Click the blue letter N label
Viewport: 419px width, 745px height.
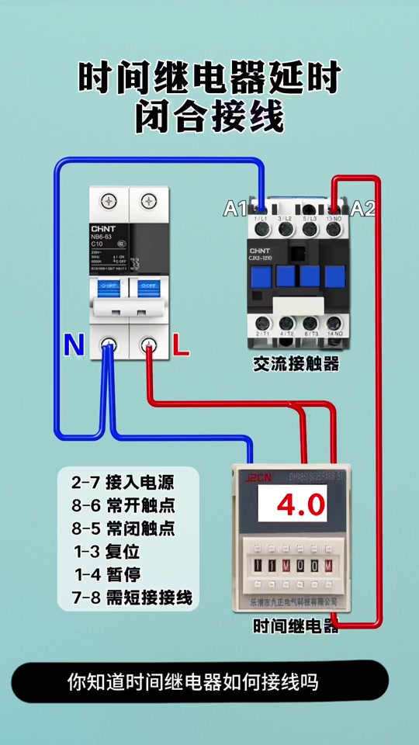(x=74, y=346)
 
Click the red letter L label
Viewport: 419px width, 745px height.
(x=180, y=346)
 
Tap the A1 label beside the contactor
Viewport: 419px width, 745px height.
(x=235, y=209)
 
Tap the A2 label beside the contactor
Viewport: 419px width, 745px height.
(x=362, y=208)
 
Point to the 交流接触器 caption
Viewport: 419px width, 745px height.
(x=296, y=364)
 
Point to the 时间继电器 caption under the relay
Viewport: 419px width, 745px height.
(x=296, y=626)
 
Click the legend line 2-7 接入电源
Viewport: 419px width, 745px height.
(x=123, y=483)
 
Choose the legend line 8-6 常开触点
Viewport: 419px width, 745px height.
(x=123, y=506)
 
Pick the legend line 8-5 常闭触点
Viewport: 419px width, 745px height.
(x=123, y=529)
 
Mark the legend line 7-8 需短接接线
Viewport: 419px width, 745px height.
(x=132, y=599)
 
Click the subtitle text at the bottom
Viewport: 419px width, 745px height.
(x=192, y=683)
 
